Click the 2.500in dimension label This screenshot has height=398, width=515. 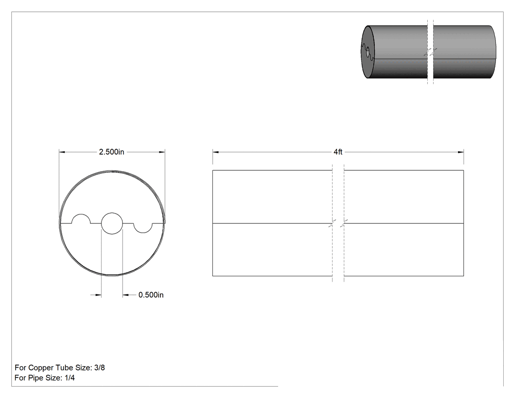click(112, 152)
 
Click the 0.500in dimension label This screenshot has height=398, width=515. click(151, 295)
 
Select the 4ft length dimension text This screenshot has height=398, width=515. click(338, 152)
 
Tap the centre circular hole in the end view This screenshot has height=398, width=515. click(112, 223)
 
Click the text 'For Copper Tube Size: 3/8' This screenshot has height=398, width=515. click(60, 368)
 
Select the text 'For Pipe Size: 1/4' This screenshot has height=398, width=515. click(45, 378)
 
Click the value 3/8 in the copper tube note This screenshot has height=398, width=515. click(100, 368)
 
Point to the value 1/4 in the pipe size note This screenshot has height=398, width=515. click(70, 378)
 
